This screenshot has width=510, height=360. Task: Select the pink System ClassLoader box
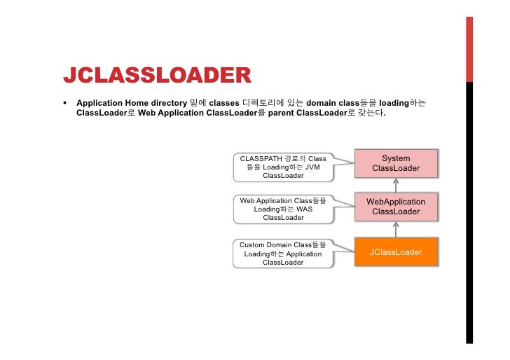click(396, 163)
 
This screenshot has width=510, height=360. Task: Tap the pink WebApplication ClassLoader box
click(396, 207)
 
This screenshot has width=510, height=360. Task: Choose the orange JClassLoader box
click(396, 252)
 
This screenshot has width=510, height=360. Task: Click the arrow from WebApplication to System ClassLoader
click(396, 184)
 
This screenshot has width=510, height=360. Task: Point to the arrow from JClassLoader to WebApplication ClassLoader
click(396, 228)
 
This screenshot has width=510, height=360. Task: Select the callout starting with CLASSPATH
click(283, 167)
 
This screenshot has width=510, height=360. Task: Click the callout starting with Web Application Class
click(283, 209)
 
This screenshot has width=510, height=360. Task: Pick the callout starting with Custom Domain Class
click(283, 254)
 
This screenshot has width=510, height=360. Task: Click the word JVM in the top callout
click(313, 167)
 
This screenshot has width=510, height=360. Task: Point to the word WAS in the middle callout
click(305, 209)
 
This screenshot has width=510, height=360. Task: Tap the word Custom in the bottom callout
click(252, 245)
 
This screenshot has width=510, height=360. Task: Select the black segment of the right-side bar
click(469, 210)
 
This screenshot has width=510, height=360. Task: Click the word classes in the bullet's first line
click(223, 102)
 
